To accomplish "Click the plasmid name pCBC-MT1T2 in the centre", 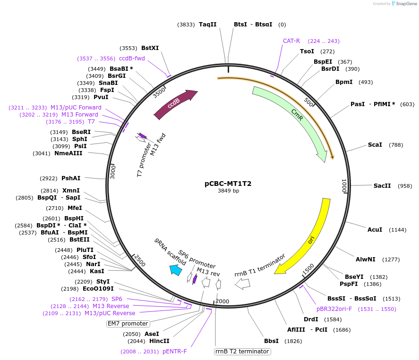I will click(x=228, y=184).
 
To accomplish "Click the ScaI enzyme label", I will click(x=375, y=145).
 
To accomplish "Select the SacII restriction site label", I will click(x=382, y=186).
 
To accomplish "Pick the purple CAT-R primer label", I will click(x=291, y=41).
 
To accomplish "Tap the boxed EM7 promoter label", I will click(x=128, y=324).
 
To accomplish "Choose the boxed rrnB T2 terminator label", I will click(x=242, y=352).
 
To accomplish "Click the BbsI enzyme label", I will click(x=272, y=341).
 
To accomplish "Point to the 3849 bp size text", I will click(x=228, y=192).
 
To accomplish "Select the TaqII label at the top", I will click(x=207, y=25).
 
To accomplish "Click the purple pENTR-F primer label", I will click(x=175, y=352).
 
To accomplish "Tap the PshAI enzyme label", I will click(x=71, y=178).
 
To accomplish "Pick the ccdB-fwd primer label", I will click(x=132, y=59).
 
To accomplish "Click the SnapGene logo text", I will click(x=406, y=4).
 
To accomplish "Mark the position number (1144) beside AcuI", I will click(x=397, y=230).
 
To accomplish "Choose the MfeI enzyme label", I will click(x=75, y=208).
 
